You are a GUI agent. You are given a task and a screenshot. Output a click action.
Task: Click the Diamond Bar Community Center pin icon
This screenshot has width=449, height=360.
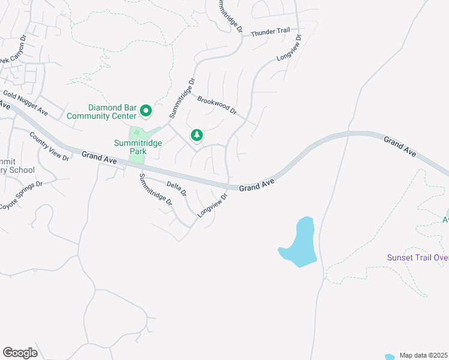[x=145, y=111]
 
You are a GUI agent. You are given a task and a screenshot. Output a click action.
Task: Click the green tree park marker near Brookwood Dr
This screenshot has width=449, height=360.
[x=196, y=136]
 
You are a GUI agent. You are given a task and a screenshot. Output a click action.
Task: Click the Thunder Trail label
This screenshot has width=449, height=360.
[x=274, y=32]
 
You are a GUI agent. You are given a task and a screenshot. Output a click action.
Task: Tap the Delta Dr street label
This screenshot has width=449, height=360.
[x=176, y=189]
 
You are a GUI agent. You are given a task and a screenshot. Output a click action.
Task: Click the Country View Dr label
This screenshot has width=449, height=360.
[x=49, y=145]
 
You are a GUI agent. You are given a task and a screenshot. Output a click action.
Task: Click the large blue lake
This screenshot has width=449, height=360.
[x=301, y=243]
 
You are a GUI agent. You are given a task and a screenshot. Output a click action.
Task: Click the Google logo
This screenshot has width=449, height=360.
[x=20, y=353]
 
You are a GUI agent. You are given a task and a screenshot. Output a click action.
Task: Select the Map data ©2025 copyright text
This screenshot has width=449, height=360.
[x=424, y=355]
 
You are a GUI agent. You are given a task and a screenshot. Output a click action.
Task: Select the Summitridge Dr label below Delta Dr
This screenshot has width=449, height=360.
[x=156, y=190]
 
